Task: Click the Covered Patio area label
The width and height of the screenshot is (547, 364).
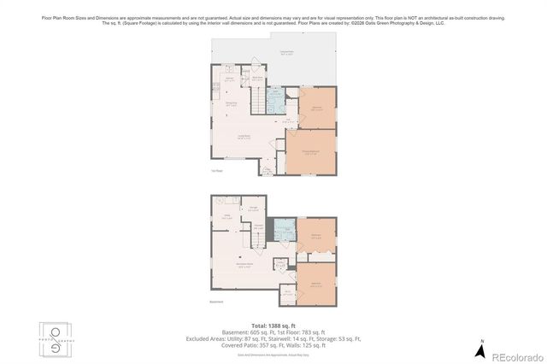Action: pyautogui.click(x=283, y=53)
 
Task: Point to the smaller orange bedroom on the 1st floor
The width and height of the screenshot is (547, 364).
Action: pyautogui.click(x=316, y=108)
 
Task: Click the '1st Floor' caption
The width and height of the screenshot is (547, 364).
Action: pyautogui.click(x=216, y=171)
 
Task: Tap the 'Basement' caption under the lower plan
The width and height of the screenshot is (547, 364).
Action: pyautogui.click(x=216, y=301)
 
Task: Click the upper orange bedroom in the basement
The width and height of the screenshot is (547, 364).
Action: pyautogui.click(x=315, y=237)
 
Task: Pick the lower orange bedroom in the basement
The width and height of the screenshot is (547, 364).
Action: pyautogui.click(x=315, y=283)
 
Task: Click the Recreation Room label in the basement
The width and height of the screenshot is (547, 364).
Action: pyautogui.click(x=244, y=266)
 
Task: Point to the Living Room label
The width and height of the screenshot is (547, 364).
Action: pyautogui.click(x=243, y=136)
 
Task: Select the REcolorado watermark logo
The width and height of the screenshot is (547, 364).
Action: pyautogui.click(x=510, y=355)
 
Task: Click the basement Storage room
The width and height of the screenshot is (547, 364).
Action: pyautogui.click(x=254, y=207)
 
